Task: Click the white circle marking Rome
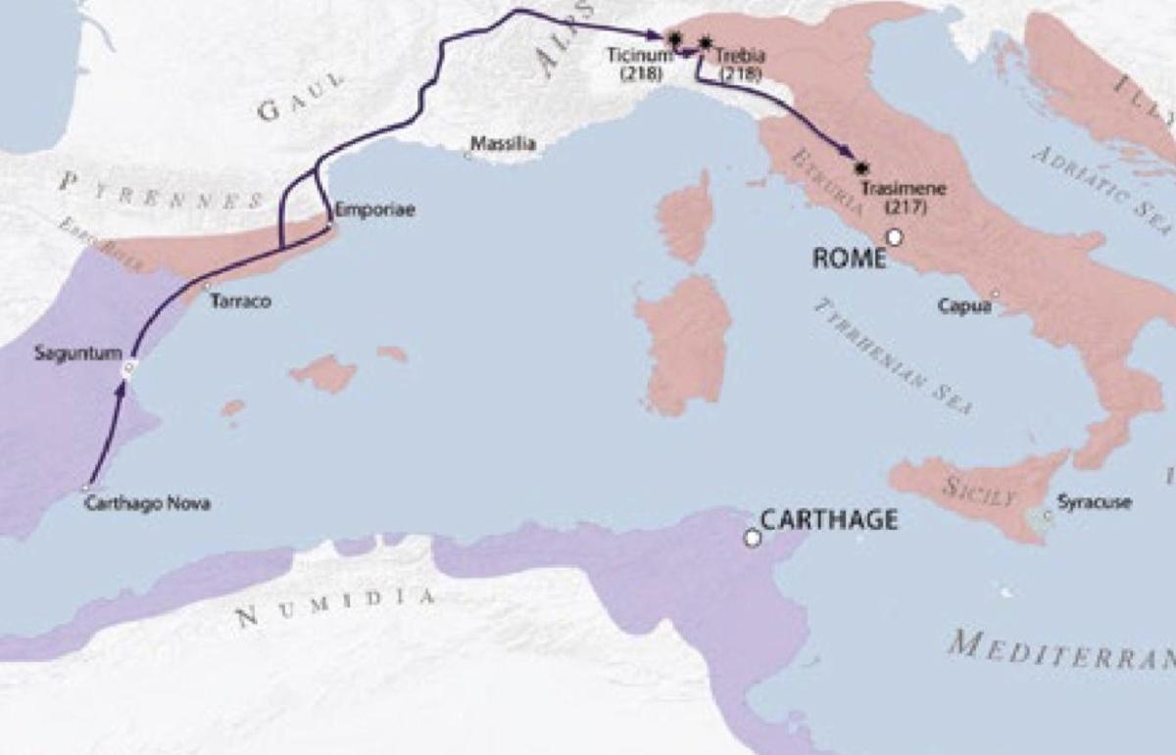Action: pyautogui.click(x=894, y=237)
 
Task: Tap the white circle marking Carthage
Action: pyautogui.click(x=752, y=538)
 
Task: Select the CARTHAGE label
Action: pyautogui.click(x=829, y=519)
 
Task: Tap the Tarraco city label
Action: pyautogui.click(x=241, y=302)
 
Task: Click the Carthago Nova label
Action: pyautogui.click(x=147, y=503)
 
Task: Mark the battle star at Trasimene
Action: pyautogui.click(x=861, y=167)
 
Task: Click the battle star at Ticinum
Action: pyautogui.click(x=673, y=38)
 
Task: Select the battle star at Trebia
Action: pyautogui.click(x=705, y=42)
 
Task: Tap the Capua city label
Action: pyautogui.click(x=964, y=307)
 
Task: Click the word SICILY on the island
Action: pyautogui.click(x=979, y=491)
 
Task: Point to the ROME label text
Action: pyautogui.click(x=849, y=258)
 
